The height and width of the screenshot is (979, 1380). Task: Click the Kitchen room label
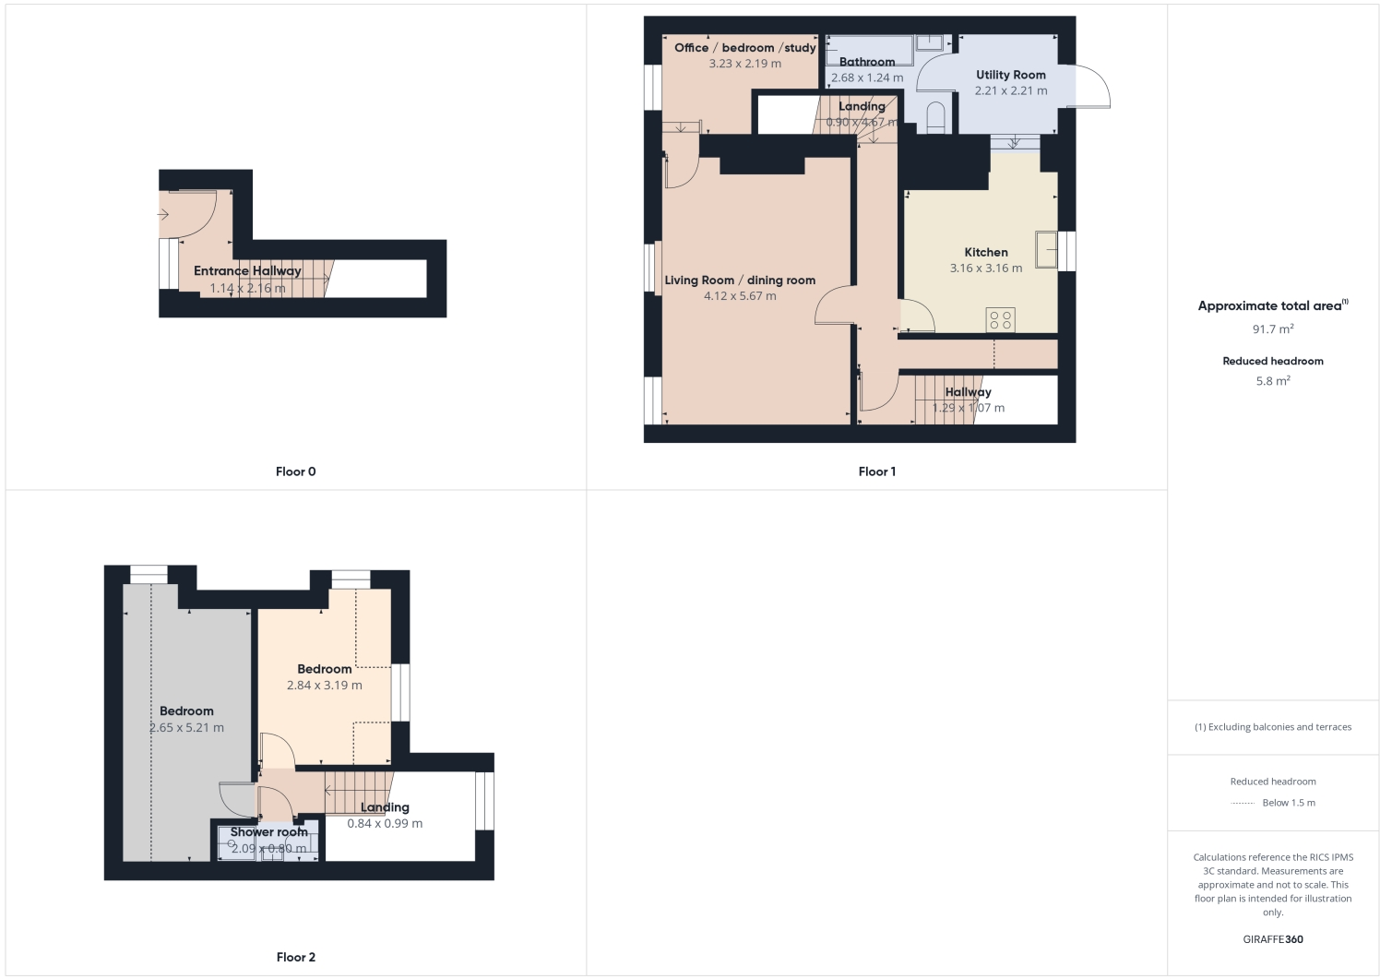(985, 252)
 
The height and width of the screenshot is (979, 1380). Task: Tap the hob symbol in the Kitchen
(1001, 319)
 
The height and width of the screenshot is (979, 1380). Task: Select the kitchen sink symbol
(1046, 249)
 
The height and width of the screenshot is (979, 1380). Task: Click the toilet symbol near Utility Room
(934, 118)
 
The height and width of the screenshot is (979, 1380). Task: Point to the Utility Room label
(1010, 75)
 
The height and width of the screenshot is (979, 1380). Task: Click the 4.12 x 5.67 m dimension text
(740, 296)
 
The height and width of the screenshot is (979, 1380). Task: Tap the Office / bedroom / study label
(744, 48)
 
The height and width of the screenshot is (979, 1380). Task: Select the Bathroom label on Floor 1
(866, 62)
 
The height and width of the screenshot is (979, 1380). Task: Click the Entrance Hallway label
(247, 270)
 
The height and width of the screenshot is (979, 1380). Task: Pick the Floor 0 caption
(295, 472)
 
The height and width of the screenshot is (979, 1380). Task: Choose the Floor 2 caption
(295, 957)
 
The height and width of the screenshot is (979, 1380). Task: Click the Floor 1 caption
(876, 472)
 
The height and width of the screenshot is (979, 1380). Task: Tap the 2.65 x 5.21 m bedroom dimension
(186, 727)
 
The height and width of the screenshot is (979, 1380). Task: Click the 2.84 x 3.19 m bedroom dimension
(324, 686)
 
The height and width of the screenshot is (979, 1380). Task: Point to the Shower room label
(268, 831)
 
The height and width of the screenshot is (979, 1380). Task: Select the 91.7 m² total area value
(1272, 328)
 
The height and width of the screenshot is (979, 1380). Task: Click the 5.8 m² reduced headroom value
(1272, 380)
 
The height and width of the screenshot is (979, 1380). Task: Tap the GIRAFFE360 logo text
(1272, 939)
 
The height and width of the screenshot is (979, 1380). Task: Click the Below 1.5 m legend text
(1289, 803)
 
